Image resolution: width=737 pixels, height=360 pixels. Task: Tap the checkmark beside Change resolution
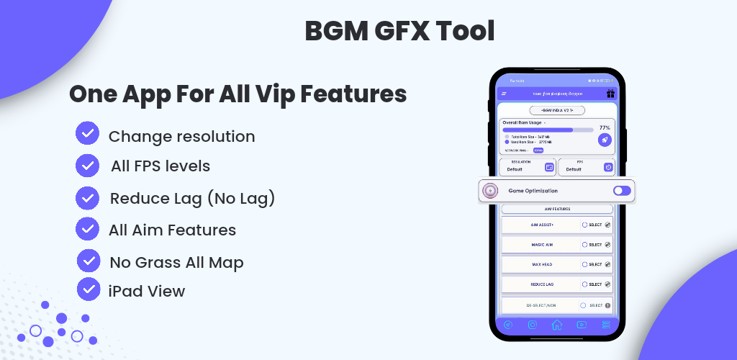click(x=87, y=134)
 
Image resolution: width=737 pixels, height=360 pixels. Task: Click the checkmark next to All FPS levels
click(x=87, y=165)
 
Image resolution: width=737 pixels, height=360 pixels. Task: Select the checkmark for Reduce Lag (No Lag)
click(x=87, y=197)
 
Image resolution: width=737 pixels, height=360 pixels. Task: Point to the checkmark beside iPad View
click(x=89, y=289)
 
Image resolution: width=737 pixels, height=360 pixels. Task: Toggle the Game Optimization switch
click(x=622, y=191)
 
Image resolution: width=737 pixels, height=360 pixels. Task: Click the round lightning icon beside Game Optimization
click(x=491, y=191)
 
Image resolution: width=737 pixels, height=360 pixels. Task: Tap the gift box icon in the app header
click(x=610, y=94)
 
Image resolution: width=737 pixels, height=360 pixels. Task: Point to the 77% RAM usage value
click(x=605, y=127)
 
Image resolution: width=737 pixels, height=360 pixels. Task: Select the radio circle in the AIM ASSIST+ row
click(x=584, y=225)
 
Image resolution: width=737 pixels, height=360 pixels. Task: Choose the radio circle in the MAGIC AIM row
click(x=584, y=245)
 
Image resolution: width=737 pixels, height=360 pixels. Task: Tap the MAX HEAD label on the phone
click(x=542, y=264)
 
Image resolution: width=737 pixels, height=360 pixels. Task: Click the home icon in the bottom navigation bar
click(x=556, y=325)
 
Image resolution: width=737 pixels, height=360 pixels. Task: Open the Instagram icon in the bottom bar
click(x=532, y=325)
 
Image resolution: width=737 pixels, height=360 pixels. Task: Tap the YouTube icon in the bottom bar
click(x=582, y=325)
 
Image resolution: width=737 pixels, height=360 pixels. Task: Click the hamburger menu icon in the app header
click(x=505, y=94)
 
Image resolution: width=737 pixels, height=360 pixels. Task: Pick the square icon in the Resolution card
click(x=549, y=167)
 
